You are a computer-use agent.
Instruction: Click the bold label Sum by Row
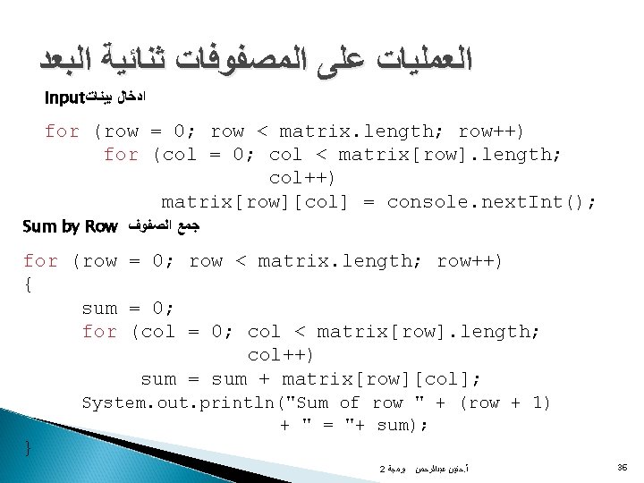[70, 227]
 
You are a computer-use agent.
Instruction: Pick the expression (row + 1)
[504, 402]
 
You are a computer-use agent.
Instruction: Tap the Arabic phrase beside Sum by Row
[165, 227]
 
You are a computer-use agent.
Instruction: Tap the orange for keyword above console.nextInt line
[122, 155]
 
